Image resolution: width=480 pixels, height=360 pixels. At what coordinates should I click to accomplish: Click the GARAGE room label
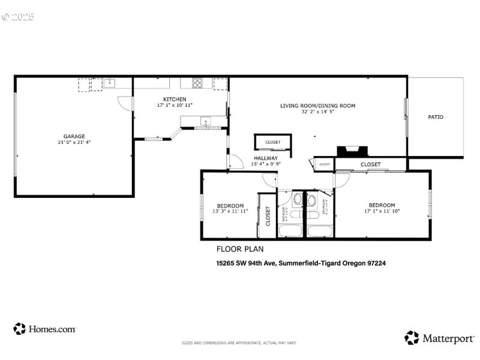point(74,136)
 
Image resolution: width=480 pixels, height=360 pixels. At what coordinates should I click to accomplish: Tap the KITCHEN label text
point(175,99)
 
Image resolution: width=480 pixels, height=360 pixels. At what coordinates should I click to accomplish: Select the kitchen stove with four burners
point(198,83)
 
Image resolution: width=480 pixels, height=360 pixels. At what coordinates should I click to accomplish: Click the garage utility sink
point(109,83)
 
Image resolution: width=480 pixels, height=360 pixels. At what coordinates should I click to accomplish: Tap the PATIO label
point(436,117)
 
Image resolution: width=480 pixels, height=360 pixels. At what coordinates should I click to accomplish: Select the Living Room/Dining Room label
point(317,106)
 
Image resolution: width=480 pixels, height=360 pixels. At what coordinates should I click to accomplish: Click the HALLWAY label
point(266,158)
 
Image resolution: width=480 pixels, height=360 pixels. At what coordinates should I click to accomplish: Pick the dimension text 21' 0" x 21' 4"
point(74,143)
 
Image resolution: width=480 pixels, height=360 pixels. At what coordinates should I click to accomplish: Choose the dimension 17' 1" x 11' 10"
point(382,211)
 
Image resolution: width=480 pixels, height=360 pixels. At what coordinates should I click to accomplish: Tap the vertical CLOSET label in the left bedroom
point(268,216)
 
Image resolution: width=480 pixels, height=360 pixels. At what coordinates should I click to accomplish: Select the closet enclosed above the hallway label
point(273,142)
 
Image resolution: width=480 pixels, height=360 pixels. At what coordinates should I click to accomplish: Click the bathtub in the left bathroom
point(292,231)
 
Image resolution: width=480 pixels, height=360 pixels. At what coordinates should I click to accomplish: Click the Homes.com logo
point(44,329)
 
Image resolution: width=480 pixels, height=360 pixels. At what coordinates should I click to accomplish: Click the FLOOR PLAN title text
point(239,249)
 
